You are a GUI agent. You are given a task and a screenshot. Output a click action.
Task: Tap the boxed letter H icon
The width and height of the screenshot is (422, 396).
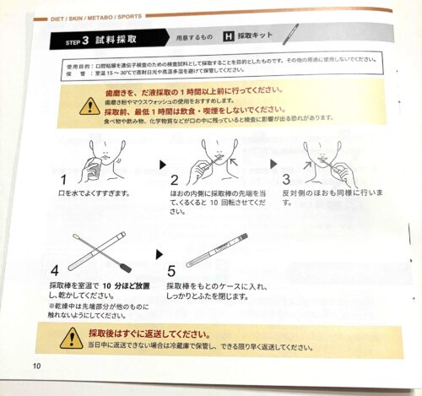point(227,37)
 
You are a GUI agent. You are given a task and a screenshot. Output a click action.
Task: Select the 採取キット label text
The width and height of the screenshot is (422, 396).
point(255,38)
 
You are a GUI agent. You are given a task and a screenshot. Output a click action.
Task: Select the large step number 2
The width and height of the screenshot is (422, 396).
point(174,180)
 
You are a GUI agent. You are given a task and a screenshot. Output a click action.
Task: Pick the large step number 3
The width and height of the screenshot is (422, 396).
point(285,179)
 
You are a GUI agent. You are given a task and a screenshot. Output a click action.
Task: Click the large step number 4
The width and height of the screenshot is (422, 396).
point(56,272)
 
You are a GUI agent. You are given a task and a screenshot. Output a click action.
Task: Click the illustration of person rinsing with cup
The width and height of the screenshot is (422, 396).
point(98,154)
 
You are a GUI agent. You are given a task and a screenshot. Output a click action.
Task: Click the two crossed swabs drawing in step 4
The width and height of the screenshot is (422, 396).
point(93,249)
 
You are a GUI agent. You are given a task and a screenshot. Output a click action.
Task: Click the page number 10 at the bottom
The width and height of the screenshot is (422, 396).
point(36,365)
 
